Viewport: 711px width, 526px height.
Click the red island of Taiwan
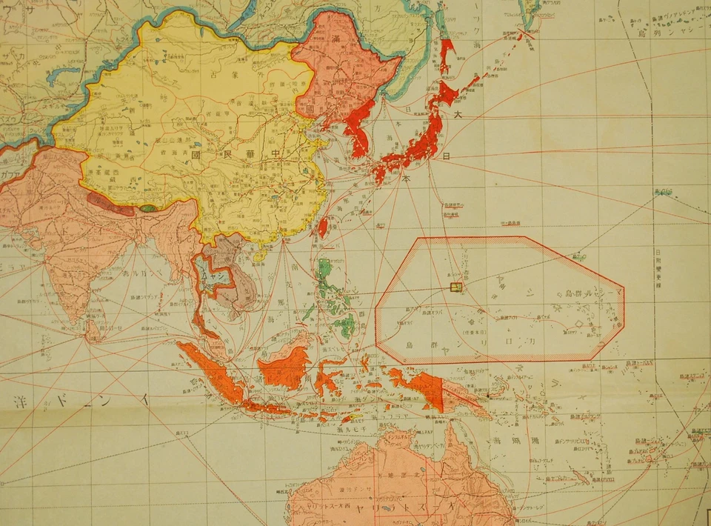pyautogui.click(x=323, y=226)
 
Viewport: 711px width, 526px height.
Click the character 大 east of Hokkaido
pyautogui.click(x=457, y=115)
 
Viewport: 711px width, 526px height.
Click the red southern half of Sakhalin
pyautogui.click(x=446, y=52)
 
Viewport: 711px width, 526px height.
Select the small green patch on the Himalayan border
pyautogui.click(x=148, y=208)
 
